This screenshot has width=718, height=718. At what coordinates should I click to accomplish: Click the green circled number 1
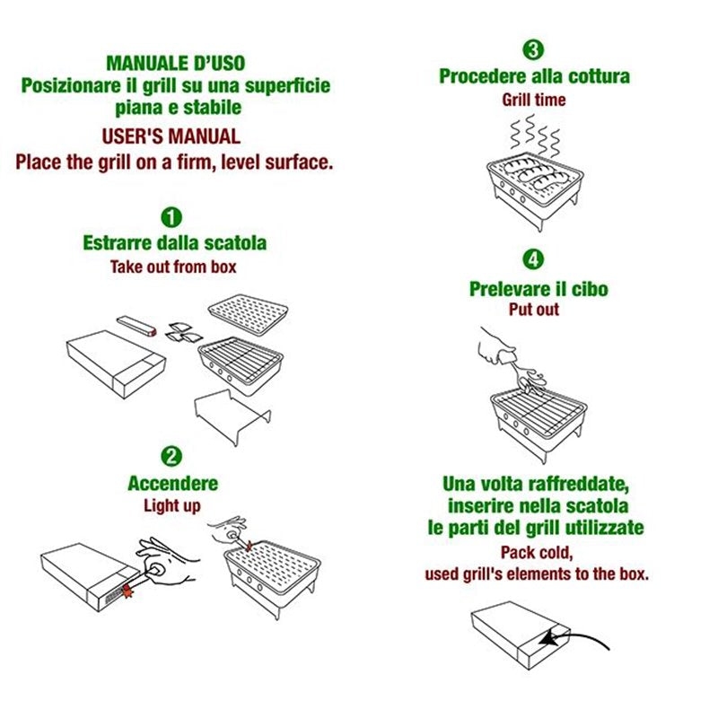[172, 217]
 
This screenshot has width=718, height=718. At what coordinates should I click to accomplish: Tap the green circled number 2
[172, 457]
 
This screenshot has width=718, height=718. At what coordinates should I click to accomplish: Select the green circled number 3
[533, 49]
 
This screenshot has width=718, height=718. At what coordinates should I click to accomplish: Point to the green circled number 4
[533, 260]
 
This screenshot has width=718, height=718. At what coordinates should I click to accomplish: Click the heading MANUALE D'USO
[175, 64]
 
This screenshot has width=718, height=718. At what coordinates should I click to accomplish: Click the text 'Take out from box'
[173, 267]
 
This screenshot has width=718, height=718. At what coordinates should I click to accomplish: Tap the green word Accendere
[172, 484]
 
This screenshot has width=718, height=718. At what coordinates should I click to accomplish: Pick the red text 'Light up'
[172, 505]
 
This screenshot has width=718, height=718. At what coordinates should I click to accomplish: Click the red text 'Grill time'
[533, 100]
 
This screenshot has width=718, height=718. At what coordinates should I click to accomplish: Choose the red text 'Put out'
[533, 310]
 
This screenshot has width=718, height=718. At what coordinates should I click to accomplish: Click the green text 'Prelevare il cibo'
[538, 289]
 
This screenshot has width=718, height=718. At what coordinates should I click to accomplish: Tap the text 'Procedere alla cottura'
[534, 76]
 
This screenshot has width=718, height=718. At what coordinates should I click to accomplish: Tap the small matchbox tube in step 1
[139, 324]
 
